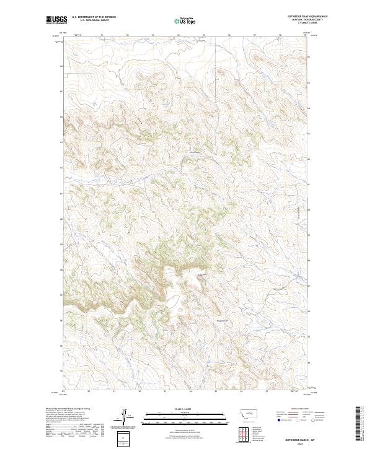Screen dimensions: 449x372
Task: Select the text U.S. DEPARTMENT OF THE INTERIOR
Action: tap(94, 17)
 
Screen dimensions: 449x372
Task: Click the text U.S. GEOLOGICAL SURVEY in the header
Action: tap(94, 20)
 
